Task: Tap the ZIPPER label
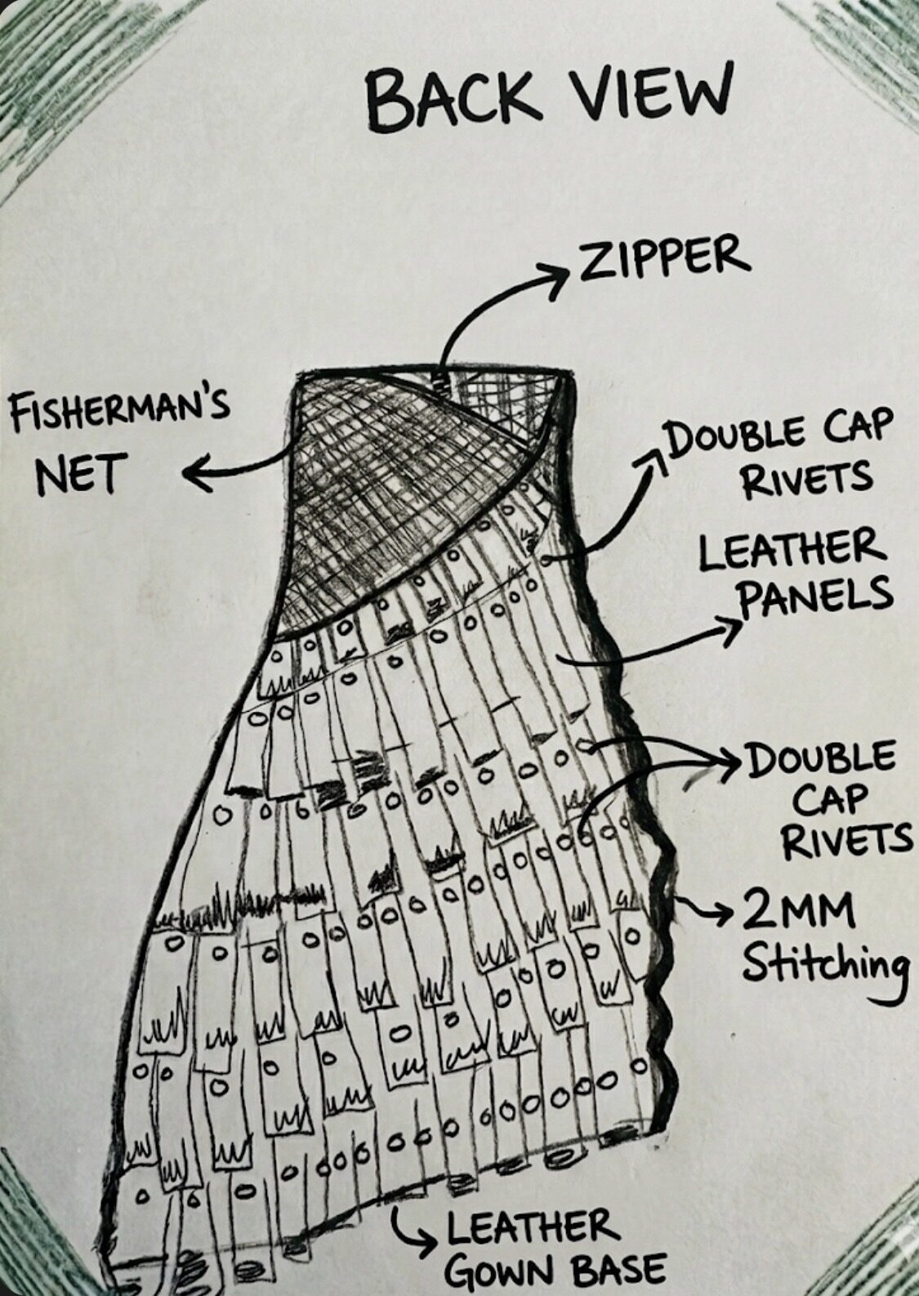pos(660,258)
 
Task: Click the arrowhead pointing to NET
pos(197,476)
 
